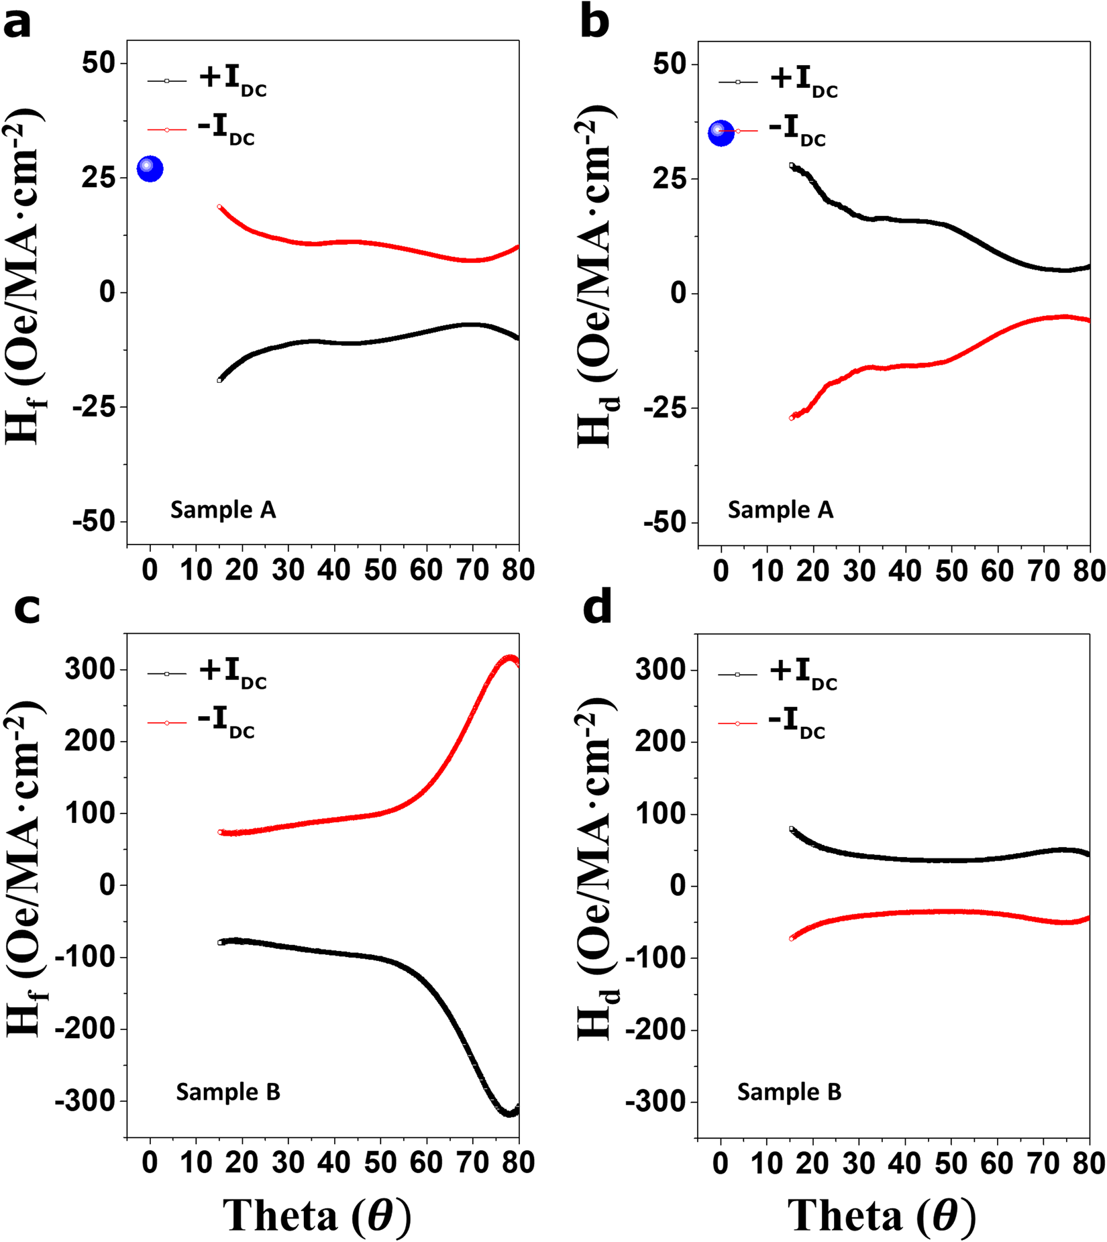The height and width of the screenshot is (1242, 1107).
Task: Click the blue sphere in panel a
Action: pyautogui.click(x=150, y=168)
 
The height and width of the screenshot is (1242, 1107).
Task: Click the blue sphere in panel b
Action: pyautogui.click(x=721, y=133)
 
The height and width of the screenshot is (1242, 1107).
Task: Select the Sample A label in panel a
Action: pyautogui.click(x=223, y=510)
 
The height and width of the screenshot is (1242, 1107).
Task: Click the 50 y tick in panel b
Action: pyautogui.click(x=669, y=64)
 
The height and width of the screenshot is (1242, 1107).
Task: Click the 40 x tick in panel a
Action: pyautogui.click(x=334, y=570)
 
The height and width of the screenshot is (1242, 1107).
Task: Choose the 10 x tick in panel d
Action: pyautogui.click(x=766, y=1163)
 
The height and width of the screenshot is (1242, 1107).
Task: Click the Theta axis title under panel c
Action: pyautogui.click(x=317, y=1216)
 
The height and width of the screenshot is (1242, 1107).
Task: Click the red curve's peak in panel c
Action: pyautogui.click(x=511, y=659)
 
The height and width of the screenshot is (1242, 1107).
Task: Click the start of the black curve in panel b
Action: pyautogui.click(x=792, y=165)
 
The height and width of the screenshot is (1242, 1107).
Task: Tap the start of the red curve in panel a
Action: pyautogui.click(x=220, y=207)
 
